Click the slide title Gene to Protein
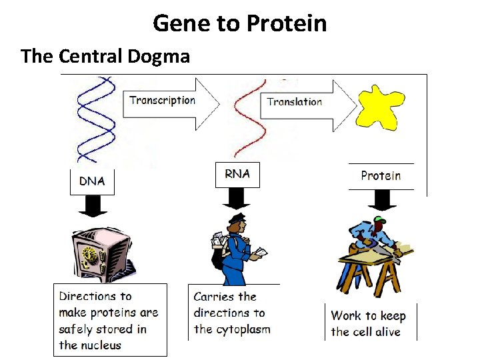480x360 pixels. pyautogui.click(x=240, y=24)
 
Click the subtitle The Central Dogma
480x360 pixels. pyautogui.click(x=105, y=56)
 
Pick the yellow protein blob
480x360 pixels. pyautogui.click(x=381, y=107)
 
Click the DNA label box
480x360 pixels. pyautogui.click(x=92, y=181)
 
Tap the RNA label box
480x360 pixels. pyautogui.click(x=237, y=175)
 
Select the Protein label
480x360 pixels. pyautogui.click(x=381, y=176)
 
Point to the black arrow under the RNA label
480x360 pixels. pyautogui.click(x=237, y=199)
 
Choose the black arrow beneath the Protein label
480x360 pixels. pyautogui.click(x=381, y=200)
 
